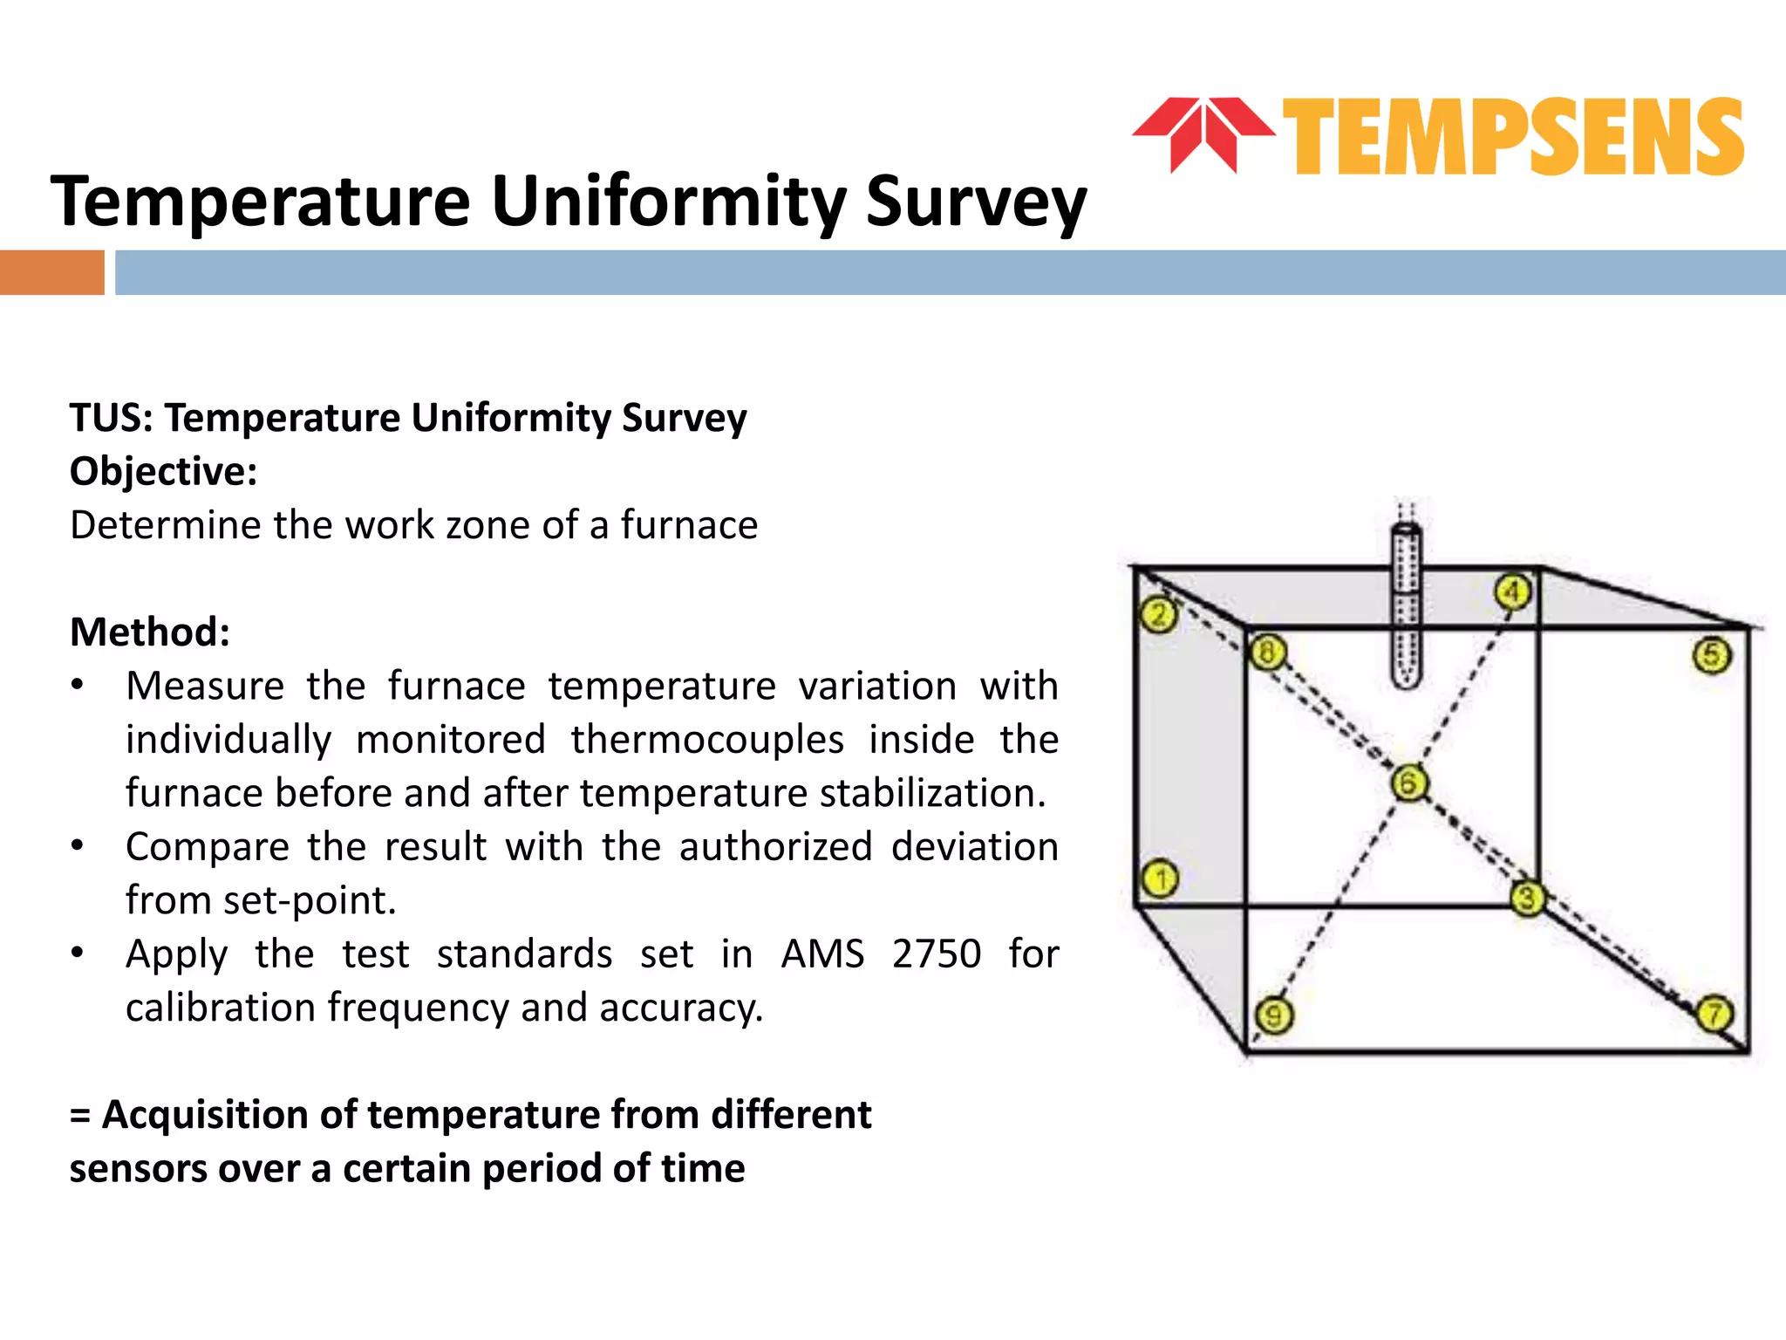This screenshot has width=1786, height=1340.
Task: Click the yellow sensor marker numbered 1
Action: point(1161,879)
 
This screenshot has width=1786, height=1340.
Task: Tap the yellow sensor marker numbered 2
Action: point(1159,615)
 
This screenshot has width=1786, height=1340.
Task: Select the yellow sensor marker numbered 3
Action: point(1527,898)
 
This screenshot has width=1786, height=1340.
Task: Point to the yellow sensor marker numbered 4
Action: point(1513,592)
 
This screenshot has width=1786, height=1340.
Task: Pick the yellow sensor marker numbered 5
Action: point(1711,655)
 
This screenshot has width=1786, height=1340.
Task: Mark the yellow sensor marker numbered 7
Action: point(1714,1014)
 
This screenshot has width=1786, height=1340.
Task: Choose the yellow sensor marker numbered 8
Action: point(1267,652)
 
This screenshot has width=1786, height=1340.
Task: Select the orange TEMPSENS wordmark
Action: point(1513,137)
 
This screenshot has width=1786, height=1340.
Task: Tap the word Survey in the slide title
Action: point(976,202)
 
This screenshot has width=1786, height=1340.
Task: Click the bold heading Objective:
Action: point(164,472)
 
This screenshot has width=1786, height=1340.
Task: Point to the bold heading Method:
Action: point(150,632)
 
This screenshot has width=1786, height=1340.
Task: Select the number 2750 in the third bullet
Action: point(937,954)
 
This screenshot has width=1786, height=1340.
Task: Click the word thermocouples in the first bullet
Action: point(707,740)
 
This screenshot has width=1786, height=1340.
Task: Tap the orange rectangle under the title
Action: point(52,272)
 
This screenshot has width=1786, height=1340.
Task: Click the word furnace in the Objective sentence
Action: point(689,525)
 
